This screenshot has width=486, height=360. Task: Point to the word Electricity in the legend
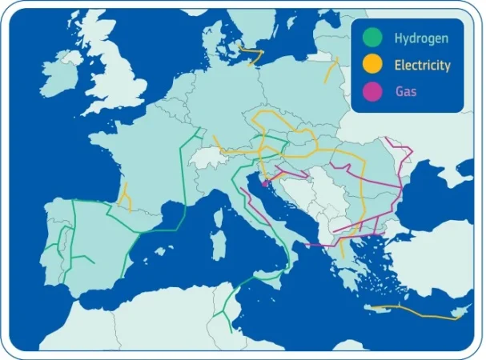[x=423, y=66]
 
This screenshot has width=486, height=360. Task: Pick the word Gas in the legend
[x=406, y=92]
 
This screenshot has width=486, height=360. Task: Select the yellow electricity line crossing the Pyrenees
[x=124, y=197]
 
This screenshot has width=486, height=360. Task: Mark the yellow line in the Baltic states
[x=330, y=70]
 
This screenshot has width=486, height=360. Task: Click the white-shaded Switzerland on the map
[x=210, y=154]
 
